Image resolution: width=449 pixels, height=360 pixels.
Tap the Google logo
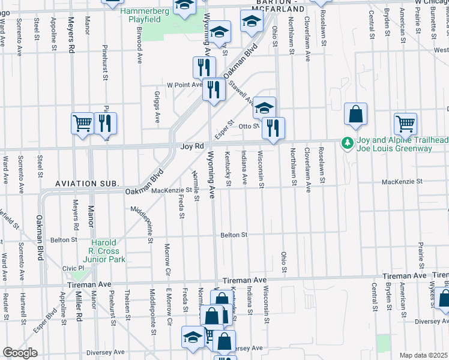tap(20, 352)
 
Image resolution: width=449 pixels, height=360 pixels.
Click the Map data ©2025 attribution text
tap(423, 355)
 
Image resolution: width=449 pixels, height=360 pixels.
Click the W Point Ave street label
tap(184, 85)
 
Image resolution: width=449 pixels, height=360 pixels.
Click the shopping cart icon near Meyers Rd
tap(82, 124)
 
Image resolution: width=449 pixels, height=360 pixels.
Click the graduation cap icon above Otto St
tap(264, 107)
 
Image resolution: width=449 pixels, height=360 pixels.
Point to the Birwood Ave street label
tap(140, 49)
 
